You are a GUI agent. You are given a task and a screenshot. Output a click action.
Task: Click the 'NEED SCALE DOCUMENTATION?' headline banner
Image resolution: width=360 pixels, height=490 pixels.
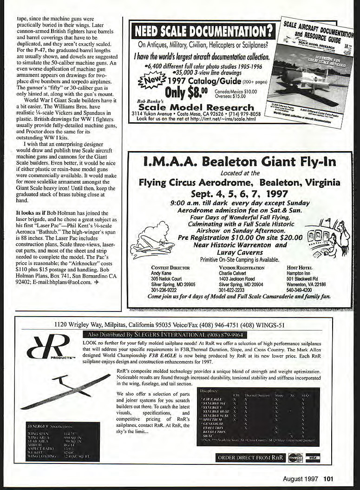point(202,31)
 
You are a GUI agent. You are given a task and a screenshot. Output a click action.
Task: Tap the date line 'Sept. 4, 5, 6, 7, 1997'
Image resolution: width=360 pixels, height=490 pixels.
point(239,193)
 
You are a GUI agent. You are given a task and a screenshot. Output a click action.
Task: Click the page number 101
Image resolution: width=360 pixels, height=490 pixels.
point(328,478)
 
